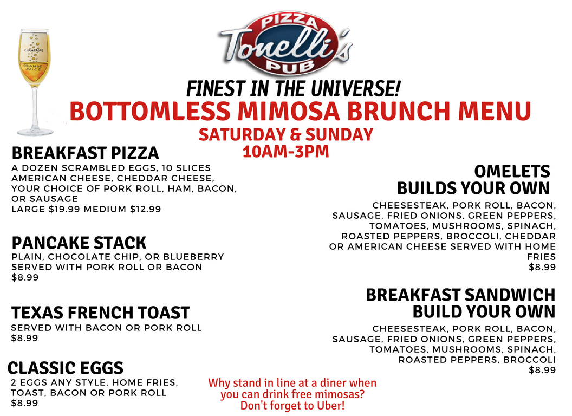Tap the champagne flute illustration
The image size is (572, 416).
pyautogui.click(x=35, y=82)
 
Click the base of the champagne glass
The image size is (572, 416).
pyautogui.click(x=35, y=131)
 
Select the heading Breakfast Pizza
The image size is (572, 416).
pyautogui.click(x=86, y=153)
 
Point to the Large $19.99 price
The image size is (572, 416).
pyautogui.click(x=45, y=209)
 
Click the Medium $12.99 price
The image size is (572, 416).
pyautogui.click(x=122, y=209)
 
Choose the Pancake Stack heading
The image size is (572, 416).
pyautogui.click(x=79, y=243)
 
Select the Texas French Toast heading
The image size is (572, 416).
pyautogui.click(x=100, y=313)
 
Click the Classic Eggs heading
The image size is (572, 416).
pyautogui.click(x=66, y=368)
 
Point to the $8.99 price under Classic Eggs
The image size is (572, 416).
pyautogui.click(x=24, y=403)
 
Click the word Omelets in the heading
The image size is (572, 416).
pyautogui.click(x=512, y=171)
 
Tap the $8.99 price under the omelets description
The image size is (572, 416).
pyautogui.click(x=542, y=267)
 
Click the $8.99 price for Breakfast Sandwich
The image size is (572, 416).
pyautogui.click(x=542, y=370)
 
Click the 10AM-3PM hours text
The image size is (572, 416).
pyautogui.click(x=286, y=152)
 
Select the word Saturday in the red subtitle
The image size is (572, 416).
pyautogui.click(x=242, y=134)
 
